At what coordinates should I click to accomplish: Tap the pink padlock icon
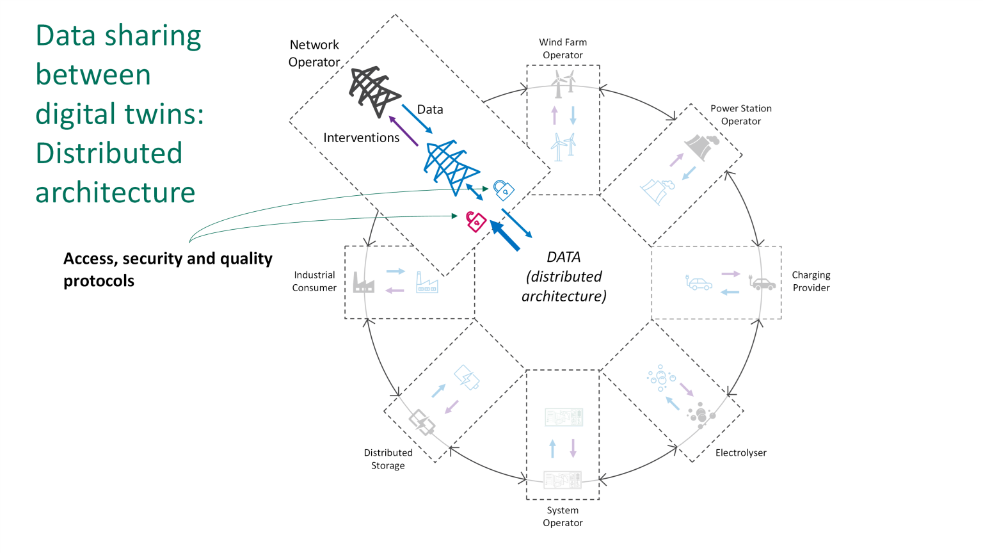[x=476, y=221]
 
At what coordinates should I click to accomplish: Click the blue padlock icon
[x=504, y=189]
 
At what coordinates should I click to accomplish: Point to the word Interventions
[x=361, y=138]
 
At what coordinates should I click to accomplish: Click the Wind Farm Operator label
[x=563, y=49]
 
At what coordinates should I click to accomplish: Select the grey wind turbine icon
[x=563, y=84]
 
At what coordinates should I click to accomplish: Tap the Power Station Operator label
[x=740, y=115]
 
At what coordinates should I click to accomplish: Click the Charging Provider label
[x=811, y=281]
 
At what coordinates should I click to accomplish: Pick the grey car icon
[x=762, y=283]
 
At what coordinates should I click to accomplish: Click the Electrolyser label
[x=740, y=453]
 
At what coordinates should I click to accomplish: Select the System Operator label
[x=563, y=517]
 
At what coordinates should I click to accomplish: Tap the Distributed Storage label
[x=388, y=459]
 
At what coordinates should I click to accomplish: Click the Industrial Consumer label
[x=314, y=281]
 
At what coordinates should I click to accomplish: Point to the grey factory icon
[x=364, y=282]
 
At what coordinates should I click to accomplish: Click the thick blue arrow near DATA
[x=505, y=236]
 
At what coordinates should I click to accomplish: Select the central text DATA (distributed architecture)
[x=564, y=276]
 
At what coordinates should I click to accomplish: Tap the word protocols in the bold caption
[x=99, y=281]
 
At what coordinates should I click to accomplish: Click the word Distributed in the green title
[x=109, y=154]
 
